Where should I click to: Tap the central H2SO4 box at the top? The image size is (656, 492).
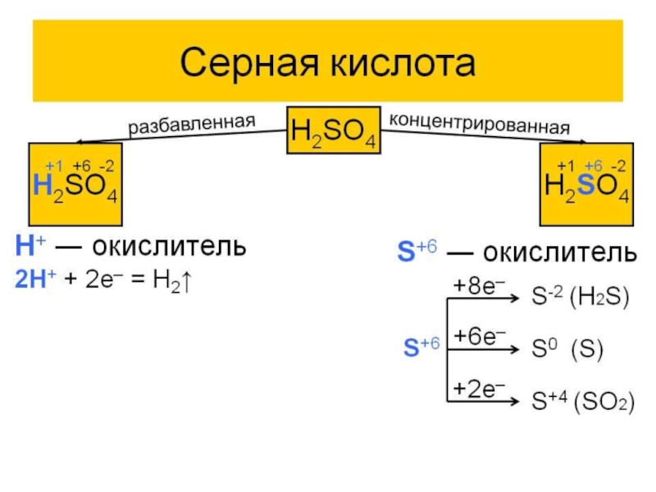pyautogui.click(x=334, y=130)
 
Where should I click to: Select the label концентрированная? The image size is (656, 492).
pyautogui.click(x=480, y=124)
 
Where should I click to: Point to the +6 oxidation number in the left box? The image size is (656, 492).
pyautogui.click(x=81, y=166)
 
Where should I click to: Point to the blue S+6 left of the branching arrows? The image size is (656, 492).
pyautogui.click(x=422, y=347)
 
